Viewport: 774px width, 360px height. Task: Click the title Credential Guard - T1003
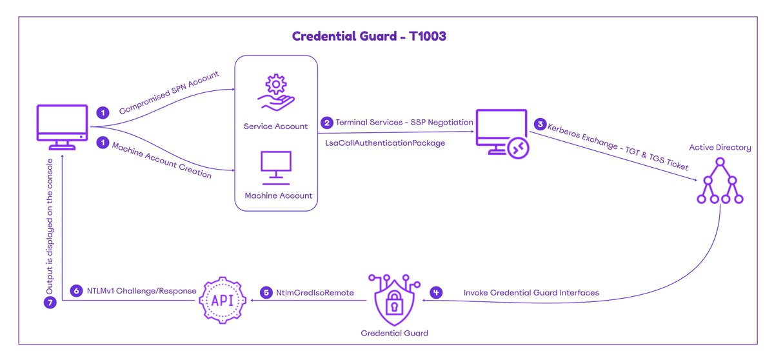(369, 36)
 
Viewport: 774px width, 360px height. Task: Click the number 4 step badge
(437, 292)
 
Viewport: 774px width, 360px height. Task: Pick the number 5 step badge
(266, 292)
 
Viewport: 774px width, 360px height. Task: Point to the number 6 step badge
(76, 291)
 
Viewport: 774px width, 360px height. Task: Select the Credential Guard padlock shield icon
(393, 299)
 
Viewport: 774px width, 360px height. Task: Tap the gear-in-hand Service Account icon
(275, 94)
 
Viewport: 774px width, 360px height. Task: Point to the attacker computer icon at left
(63, 129)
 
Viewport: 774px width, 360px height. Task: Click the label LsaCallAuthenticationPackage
(385, 143)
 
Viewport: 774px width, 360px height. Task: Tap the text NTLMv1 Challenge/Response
(142, 291)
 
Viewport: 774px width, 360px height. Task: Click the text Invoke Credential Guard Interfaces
(531, 293)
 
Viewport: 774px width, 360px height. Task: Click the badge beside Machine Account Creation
(101, 142)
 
